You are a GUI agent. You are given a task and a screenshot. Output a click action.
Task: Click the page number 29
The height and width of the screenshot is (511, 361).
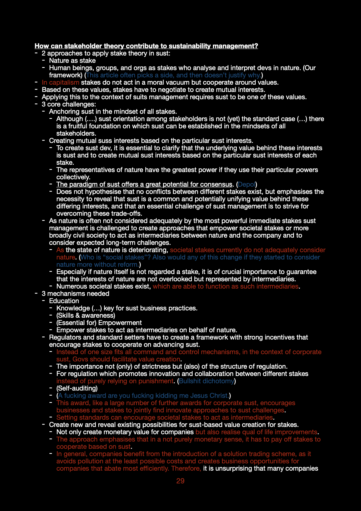pyautogui.click(x=180, y=481)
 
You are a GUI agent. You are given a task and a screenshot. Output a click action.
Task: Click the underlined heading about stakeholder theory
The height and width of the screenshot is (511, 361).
pyautogui.click(x=146, y=46)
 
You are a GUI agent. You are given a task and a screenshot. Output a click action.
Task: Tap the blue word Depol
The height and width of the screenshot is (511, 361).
pyautogui.click(x=247, y=184)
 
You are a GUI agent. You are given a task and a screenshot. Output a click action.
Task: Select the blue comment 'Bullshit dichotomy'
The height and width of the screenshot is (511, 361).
pyautogui.click(x=207, y=381)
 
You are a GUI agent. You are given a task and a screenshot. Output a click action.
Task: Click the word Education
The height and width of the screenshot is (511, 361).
pyautogui.click(x=64, y=301)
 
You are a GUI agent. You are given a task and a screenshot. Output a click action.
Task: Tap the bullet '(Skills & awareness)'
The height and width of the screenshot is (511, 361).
pyautogui.click(x=86, y=316)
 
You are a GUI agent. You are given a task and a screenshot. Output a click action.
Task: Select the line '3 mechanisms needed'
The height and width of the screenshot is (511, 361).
pyautogui.click(x=75, y=294)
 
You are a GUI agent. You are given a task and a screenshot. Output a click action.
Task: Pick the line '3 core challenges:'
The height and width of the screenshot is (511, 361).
pyautogui.click(x=69, y=104)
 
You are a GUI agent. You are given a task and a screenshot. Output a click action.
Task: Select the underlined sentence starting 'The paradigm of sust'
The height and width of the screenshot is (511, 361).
pyautogui.click(x=144, y=184)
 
